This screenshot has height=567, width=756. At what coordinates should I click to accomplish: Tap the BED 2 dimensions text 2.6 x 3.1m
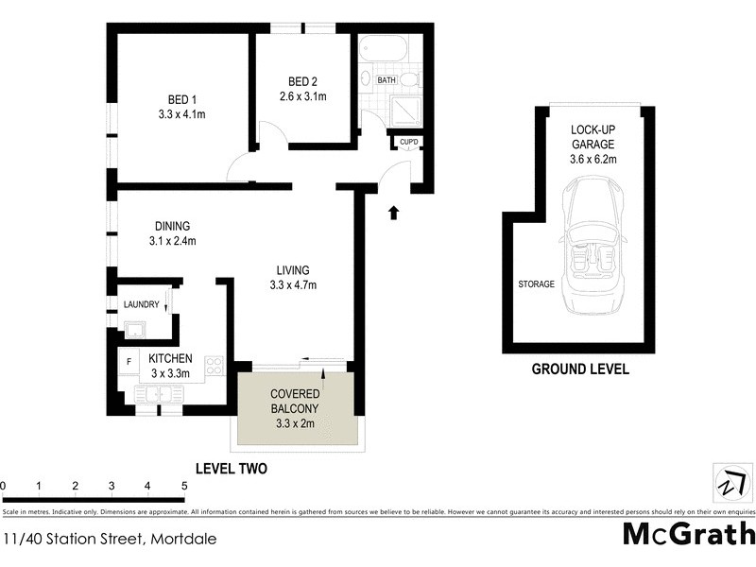click(x=302, y=96)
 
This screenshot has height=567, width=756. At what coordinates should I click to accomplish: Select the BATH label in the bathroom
click(x=387, y=80)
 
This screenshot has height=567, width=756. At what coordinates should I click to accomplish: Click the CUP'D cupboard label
click(x=409, y=143)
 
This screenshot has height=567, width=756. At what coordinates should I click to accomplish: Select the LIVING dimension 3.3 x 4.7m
click(x=293, y=285)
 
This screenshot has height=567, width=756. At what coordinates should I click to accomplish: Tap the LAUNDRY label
click(x=141, y=304)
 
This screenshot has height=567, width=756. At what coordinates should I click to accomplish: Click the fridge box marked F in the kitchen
click(x=128, y=361)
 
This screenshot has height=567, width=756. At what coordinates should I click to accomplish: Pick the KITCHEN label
click(x=171, y=359)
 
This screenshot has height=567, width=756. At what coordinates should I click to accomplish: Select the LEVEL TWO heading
click(x=231, y=468)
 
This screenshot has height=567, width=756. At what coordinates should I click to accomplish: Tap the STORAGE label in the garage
click(x=536, y=283)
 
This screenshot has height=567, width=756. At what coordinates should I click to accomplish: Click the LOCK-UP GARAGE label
click(x=593, y=137)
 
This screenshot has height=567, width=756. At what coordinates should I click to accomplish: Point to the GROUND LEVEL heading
click(x=580, y=369)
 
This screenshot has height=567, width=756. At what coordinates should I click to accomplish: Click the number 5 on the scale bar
click(x=184, y=487)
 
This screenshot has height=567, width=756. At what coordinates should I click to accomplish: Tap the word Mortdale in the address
click(x=182, y=540)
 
